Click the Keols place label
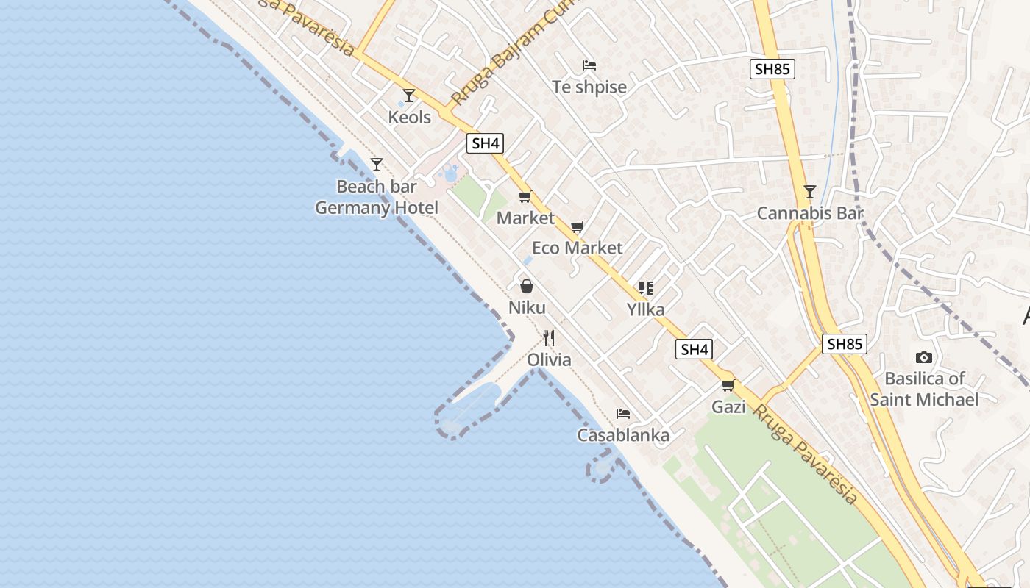click(x=410, y=117)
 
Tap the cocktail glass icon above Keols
click(x=409, y=96)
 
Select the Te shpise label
click(x=589, y=87)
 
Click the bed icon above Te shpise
click(x=589, y=65)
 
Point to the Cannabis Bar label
click(x=810, y=213)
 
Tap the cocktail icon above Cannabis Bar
click(x=810, y=192)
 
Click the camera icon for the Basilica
click(x=924, y=358)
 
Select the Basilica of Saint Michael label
click(x=924, y=389)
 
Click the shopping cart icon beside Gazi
click(x=728, y=385)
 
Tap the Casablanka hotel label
click(x=623, y=435)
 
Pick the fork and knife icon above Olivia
click(x=549, y=338)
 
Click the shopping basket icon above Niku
click(x=527, y=286)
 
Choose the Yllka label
click(x=645, y=309)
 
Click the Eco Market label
click(x=578, y=248)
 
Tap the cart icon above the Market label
click(x=525, y=197)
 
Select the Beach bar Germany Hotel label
click(x=377, y=197)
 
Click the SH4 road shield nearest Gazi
click(x=695, y=350)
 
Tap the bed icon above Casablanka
click(x=623, y=414)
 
